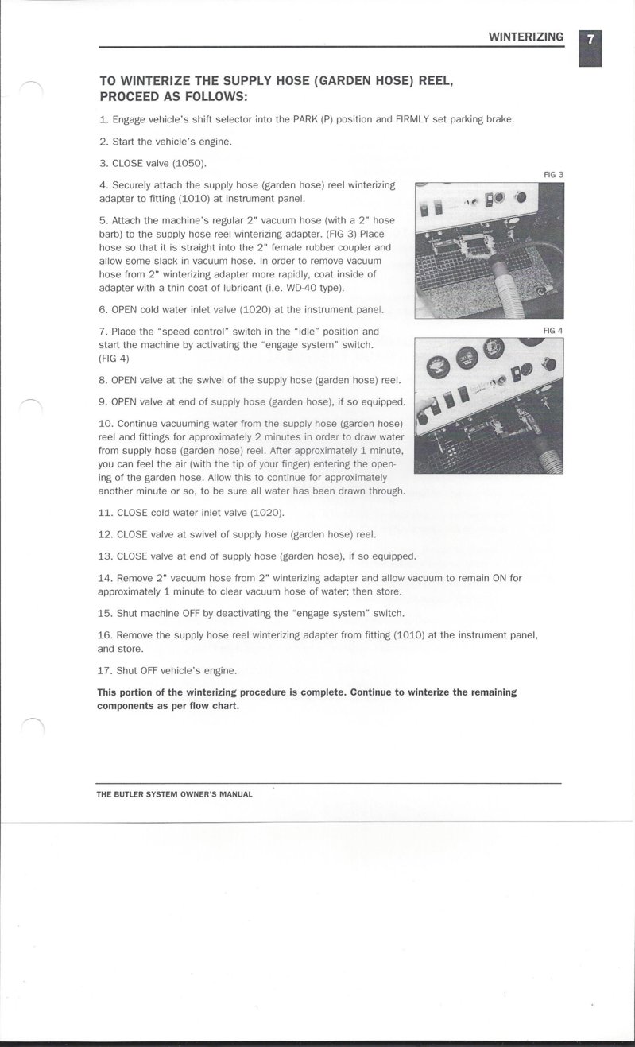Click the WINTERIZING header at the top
525,37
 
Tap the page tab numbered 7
590,40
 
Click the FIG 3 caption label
553,175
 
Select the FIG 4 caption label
553,330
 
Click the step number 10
105,423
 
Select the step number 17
105,670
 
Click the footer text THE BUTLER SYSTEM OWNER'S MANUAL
175,794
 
